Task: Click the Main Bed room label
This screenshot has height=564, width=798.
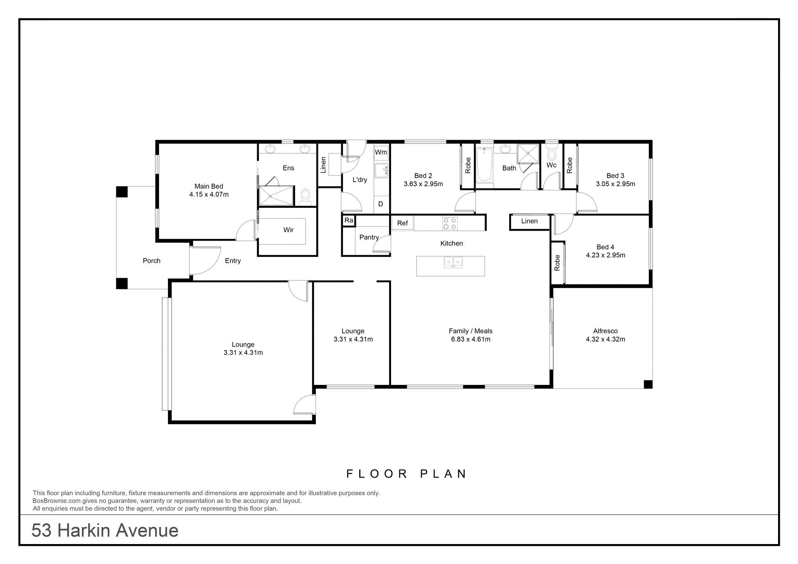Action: [x=209, y=186]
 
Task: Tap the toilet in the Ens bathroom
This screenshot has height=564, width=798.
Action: [x=305, y=197]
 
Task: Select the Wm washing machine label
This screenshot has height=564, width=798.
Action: [x=381, y=152]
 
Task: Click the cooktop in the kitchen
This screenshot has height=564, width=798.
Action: [x=449, y=224]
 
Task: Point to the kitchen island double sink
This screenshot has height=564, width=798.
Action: [x=453, y=262]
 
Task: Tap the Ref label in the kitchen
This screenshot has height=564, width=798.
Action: [x=402, y=223]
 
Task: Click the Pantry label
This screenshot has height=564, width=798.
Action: [x=369, y=237]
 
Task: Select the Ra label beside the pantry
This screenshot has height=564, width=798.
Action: [x=349, y=220]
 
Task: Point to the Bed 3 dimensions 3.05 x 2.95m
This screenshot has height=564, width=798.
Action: [x=615, y=184]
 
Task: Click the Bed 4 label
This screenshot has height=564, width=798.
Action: [x=605, y=247]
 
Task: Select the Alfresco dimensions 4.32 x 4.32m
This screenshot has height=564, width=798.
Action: [x=605, y=339]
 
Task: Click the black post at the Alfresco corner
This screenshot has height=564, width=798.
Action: [x=648, y=384]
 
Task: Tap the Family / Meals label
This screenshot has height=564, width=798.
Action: [x=470, y=331]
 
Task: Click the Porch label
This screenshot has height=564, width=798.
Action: [x=151, y=261]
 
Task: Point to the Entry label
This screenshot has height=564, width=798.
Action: [x=233, y=261]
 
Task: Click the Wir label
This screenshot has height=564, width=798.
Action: [x=288, y=230]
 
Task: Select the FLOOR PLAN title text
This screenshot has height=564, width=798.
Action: [x=407, y=474]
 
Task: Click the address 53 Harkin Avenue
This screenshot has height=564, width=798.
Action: [x=105, y=531]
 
